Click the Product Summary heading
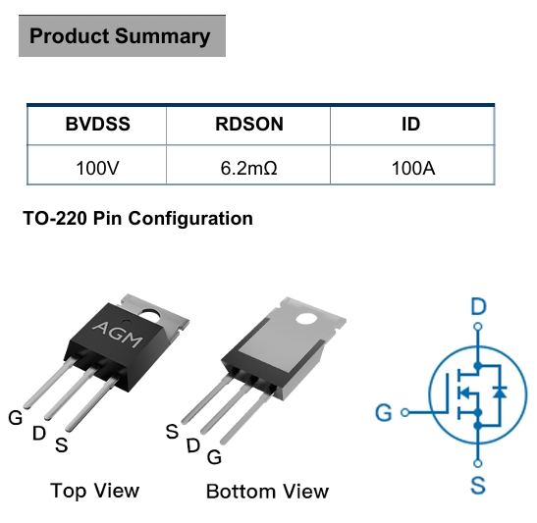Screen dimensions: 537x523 [120, 36]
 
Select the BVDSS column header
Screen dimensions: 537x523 [97, 124]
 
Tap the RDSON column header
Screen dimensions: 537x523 [249, 124]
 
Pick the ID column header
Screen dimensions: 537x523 [410, 124]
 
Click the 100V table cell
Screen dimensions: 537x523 [97, 169]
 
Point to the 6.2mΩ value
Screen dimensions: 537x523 [248, 169]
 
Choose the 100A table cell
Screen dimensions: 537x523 [413, 169]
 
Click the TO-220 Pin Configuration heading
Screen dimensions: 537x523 [137, 219]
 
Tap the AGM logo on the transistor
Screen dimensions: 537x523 [118, 335]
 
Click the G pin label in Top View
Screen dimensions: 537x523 [16, 418]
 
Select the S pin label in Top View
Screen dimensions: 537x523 [61, 445]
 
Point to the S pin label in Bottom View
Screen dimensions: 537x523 [172, 432]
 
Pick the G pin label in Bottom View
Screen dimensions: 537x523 [214, 457]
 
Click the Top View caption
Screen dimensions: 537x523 [95, 491]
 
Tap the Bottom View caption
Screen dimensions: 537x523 [267, 492]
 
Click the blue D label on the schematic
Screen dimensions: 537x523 [478, 306]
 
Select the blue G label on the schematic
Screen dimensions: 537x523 [384, 412]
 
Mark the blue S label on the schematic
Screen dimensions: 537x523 [478, 485]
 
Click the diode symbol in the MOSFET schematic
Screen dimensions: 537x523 [500, 392]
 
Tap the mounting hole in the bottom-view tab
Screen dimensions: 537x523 [306, 319]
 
